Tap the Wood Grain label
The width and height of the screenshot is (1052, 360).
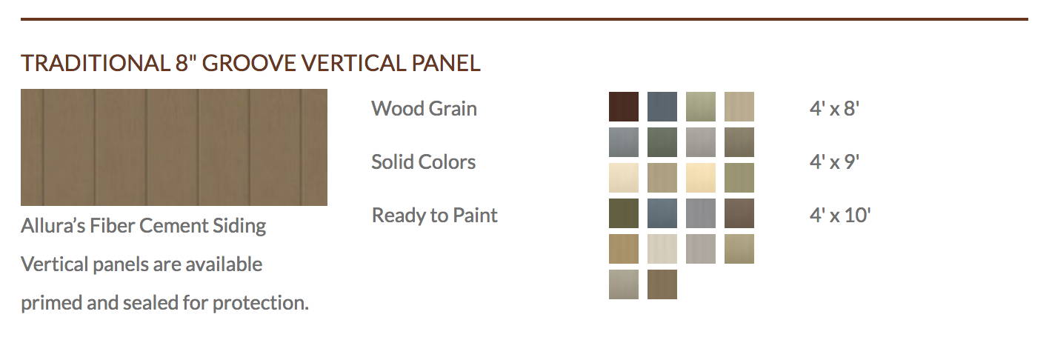coord(424,108)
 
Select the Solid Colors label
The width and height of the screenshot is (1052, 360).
coord(423,162)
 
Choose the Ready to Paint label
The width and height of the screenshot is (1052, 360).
coord(434,216)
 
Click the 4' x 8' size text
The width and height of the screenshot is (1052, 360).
coord(834,108)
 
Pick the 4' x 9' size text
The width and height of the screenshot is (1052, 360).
coord(834,162)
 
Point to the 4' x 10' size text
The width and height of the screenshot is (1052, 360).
coord(839,216)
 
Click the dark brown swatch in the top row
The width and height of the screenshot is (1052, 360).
coord(624,107)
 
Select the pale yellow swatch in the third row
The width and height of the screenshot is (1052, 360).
coord(701,178)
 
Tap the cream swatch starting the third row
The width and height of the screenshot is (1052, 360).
coord(624,178)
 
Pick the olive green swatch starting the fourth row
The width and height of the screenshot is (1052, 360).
coord(624,213)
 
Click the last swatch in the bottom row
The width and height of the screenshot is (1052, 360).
coord(662,284)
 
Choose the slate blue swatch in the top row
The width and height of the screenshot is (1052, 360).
coord(662,107)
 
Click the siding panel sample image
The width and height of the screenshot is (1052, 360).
coord(174,147)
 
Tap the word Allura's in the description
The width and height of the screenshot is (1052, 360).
coord(53,226)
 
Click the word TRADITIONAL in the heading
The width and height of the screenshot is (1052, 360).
coord(95,63)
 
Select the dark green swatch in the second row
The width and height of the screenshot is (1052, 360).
coord(662,142)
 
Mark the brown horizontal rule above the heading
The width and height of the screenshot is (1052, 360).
coord(525,19)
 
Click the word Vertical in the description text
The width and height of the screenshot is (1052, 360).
coord(55,264)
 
